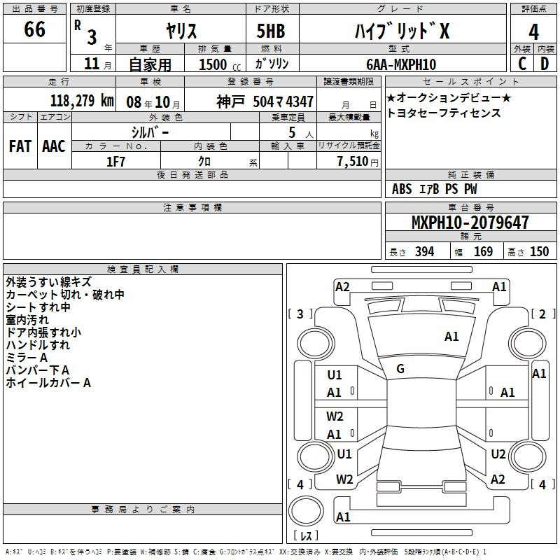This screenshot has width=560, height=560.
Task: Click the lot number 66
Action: tap(34, 31)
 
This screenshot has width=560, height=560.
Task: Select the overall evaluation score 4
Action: tap(534, 31)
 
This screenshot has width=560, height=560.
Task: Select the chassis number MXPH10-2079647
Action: tap(470, 223)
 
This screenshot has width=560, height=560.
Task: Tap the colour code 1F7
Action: tap(115, 161)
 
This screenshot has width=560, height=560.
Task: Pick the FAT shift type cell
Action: tap(20, 146)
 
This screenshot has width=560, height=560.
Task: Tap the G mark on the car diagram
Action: tap(400, 368)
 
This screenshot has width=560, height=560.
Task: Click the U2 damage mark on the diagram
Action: tap(498, 454)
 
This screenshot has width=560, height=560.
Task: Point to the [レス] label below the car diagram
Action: tap(306, 537)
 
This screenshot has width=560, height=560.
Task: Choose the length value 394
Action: tap(425, 252)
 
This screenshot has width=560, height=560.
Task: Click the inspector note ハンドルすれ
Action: tap(38, 345)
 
